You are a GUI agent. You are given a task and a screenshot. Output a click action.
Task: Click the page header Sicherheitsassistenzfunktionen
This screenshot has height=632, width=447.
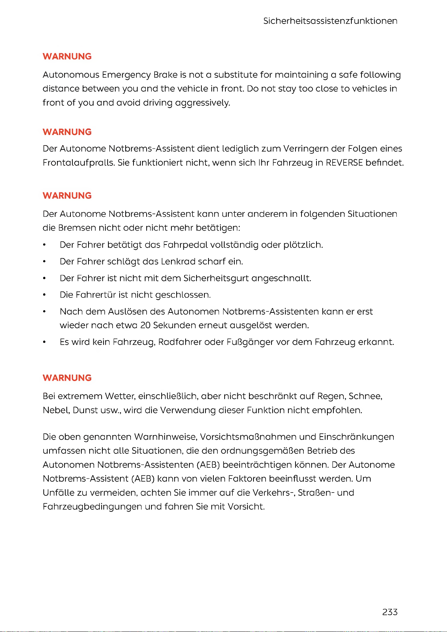coord(330,21)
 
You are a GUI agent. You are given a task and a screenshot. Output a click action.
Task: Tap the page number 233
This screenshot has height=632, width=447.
coord(390,612)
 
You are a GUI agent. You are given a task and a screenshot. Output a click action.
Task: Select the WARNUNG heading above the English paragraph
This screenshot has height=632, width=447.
coord(67,56)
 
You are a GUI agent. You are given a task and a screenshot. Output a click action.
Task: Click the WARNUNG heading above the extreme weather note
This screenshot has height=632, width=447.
coord(67,378)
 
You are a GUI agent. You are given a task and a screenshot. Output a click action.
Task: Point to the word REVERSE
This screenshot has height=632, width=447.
coord(344,163)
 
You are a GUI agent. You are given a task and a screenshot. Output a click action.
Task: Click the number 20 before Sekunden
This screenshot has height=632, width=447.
coord(145,325)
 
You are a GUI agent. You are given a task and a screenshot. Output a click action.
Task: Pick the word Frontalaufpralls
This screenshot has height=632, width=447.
coord(78,163)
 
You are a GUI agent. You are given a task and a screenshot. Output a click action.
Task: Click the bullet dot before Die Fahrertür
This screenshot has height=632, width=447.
coord(45,295)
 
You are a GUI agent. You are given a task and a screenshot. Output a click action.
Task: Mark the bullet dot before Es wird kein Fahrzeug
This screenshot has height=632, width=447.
coord(45,342)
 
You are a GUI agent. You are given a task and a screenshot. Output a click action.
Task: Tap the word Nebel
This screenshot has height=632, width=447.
coord(56,410)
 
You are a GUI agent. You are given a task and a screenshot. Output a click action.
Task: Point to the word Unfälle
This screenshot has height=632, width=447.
coord(58,492)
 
